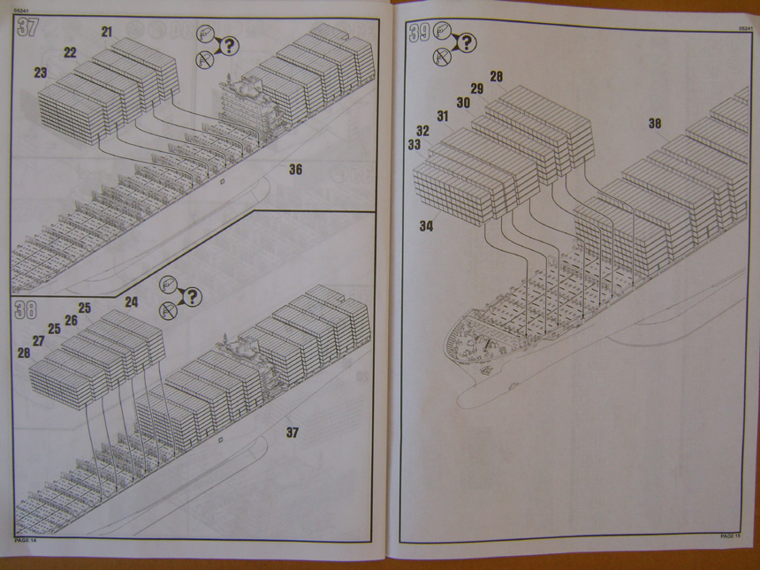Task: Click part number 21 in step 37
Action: click(x=107, y=32)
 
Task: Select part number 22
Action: click(x=70, y=52)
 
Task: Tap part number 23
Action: click(x=41, y=72)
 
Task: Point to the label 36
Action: click(x=295, y=170)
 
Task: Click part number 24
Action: click(x=131, y=301)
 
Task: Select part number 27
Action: click(x=39, y=340)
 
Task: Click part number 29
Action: click(x=476, y=88)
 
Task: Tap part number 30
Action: click(x=463, y=103)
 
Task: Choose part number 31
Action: click(x=443, y=116)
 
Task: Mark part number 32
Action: click(x=423, y=130)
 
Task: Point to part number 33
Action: click(x=414, y=144)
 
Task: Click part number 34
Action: click(x=427, y=226)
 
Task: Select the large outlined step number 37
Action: click(x=27, y=27)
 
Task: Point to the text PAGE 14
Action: click(x=26, y=539)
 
